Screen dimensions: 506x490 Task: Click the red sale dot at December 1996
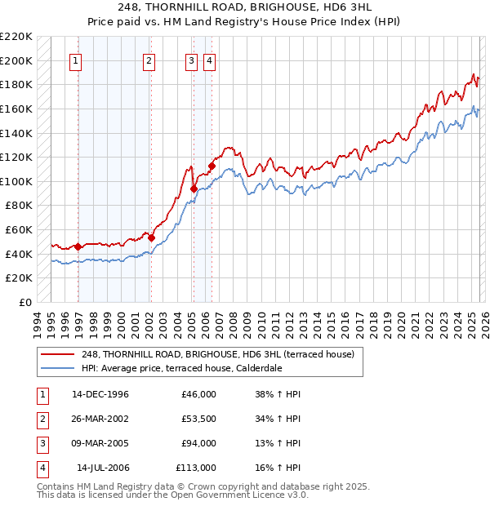[x=78, y=246]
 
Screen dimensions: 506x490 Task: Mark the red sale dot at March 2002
[x=151, y=237]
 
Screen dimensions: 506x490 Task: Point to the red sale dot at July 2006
[x=212, y=166]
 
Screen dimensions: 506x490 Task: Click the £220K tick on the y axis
[x=16, y=37]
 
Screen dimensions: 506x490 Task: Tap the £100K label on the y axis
[x=16, y=181]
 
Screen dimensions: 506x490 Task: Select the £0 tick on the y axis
[x=26, y=302]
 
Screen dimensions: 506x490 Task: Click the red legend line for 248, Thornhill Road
[x=58, y=354]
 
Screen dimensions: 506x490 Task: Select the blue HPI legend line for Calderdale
[x=58, y=368]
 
